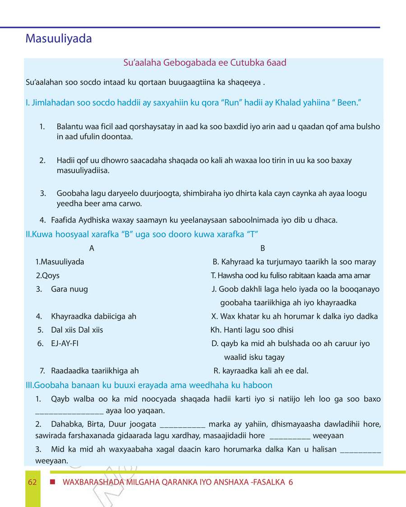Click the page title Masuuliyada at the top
pos(59,39)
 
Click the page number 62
pos(32,482)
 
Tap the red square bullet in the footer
pos(53,482)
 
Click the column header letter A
pos(92,248)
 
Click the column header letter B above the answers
pos(263,248)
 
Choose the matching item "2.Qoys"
pos(47,275)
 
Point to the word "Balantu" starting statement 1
pos(70,127)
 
